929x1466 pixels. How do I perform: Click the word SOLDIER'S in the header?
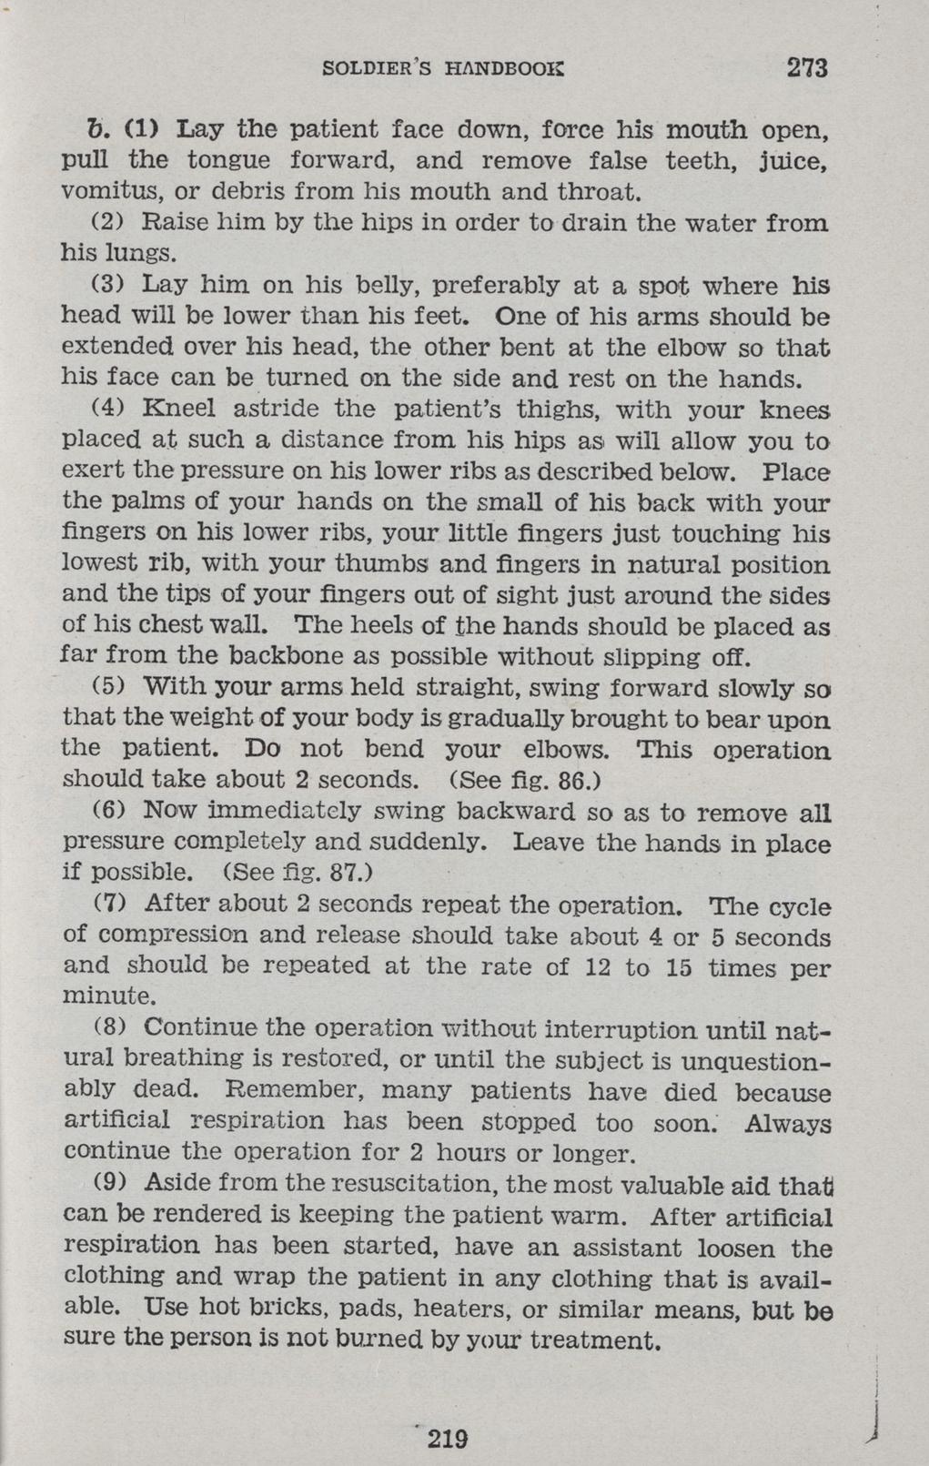pos(376,68)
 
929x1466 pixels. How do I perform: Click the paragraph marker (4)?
pos(109,409)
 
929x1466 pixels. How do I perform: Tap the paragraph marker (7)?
pos(109,905)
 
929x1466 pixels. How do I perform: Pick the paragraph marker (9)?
pos(109,1183)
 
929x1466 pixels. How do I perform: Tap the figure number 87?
pos(346,873)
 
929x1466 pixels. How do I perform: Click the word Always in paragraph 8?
pos(787,1123)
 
